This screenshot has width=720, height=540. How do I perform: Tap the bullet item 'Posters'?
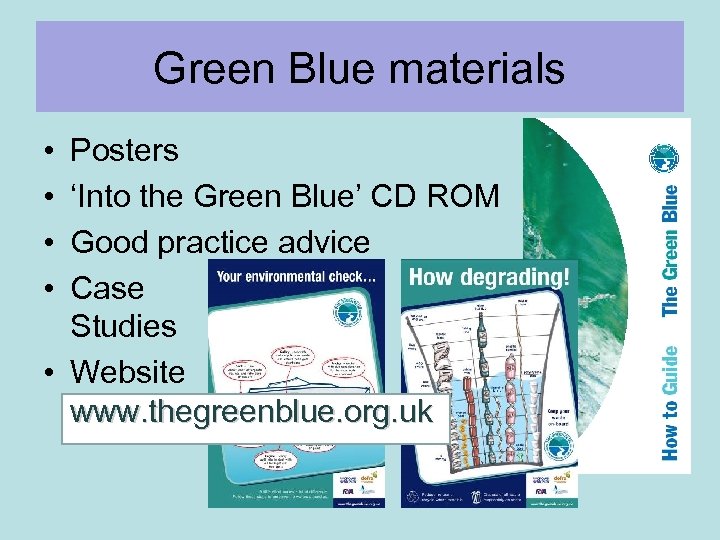pos(124,151)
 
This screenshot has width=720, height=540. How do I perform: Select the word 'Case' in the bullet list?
pos(107,288)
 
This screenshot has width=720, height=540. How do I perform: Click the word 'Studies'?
pos(123,326)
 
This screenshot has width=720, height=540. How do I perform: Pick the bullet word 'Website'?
pos(127,372)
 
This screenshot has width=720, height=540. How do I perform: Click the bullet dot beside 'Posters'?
pos(48,152)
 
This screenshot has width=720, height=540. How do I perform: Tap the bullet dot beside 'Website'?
pos(48,373)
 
